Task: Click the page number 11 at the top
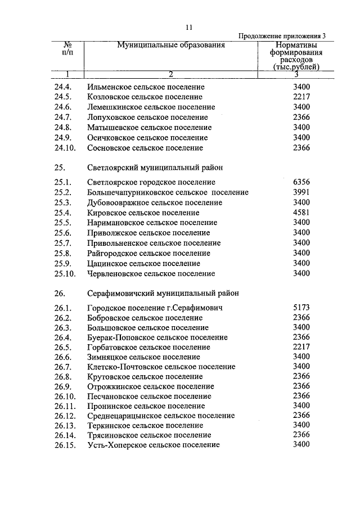point(189,27)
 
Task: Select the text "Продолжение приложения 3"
point(282,36)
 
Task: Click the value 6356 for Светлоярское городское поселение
point(301,182)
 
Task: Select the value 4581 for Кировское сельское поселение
point(301,213)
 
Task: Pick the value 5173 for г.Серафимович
point(301,308)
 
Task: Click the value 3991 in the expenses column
point(301,192)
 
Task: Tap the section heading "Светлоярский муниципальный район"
point(155,168)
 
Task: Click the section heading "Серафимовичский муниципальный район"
point(163,293)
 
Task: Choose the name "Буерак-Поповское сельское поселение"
point(157,337)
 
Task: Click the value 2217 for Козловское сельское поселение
point(301,97)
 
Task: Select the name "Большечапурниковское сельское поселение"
point(168,192)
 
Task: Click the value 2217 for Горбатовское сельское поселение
point(301,347)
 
